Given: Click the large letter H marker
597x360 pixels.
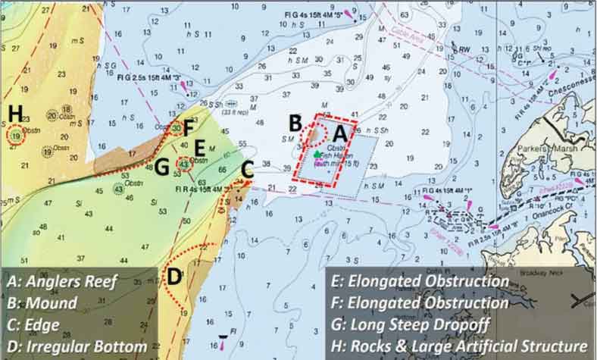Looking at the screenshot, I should click(15, 112).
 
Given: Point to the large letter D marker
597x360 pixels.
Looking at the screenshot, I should click(173, 277).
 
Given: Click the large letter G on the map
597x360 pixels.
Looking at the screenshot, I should click(161, 167).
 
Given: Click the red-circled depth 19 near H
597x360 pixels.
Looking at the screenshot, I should click(16, 136).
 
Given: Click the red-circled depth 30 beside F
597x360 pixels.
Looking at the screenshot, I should click(176, 129).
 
